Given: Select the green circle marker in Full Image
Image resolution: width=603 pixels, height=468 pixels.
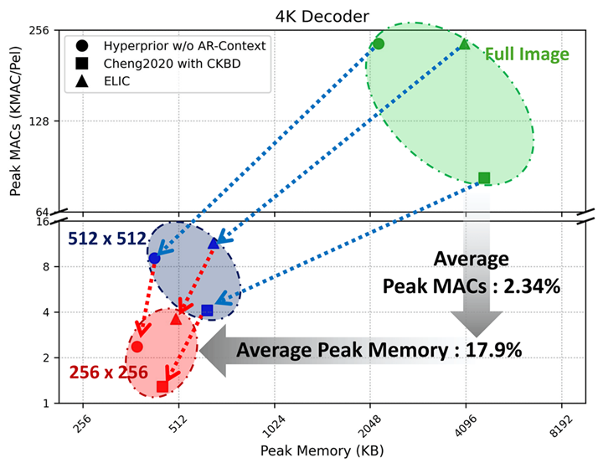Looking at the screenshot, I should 379,44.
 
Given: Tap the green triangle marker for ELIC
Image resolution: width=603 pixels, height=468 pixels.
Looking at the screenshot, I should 465,44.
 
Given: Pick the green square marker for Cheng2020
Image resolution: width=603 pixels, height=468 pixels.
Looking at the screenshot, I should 484,177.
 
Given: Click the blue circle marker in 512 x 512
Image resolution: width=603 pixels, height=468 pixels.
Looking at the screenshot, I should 154,258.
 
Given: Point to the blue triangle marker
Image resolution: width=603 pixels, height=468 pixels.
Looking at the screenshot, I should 214,243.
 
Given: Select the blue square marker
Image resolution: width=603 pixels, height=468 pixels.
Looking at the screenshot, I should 208,311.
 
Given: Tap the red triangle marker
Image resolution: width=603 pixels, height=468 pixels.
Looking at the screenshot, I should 176,318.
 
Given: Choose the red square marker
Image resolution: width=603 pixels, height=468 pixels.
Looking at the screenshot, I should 162,386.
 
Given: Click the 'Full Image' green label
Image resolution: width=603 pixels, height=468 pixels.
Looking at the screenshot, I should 527,54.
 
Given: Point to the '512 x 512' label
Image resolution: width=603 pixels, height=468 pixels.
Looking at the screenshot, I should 107,238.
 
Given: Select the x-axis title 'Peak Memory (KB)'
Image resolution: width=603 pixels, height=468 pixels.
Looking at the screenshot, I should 322,451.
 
